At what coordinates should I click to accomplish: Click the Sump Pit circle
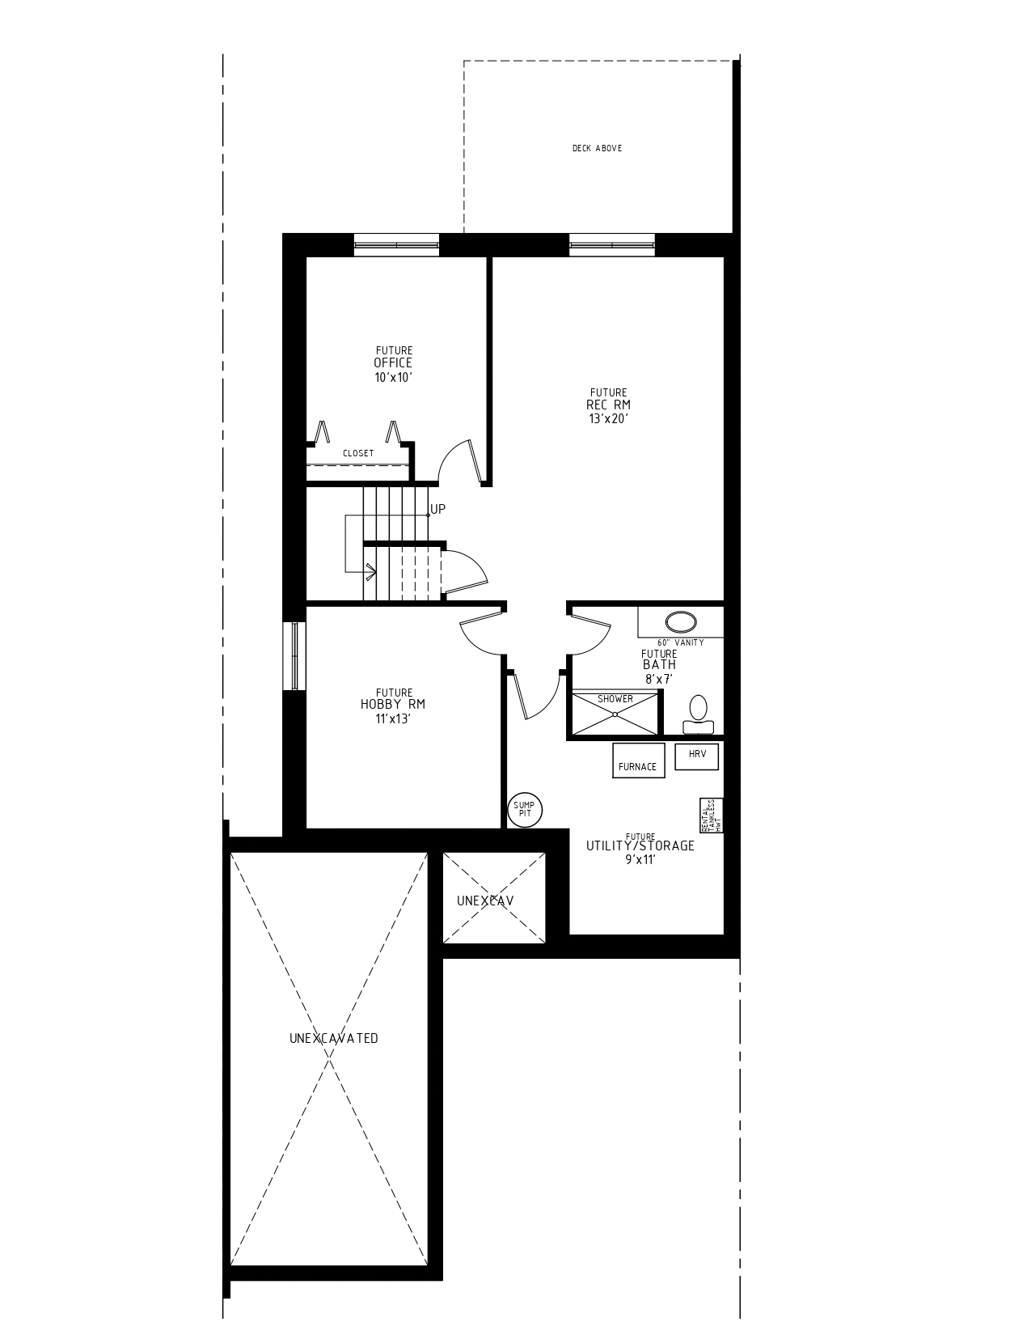tap(525, 809)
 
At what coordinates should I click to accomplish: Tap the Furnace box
tap(638, 761)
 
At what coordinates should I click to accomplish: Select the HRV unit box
tap(696, 756)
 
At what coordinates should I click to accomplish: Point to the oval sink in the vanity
tap(681, 621)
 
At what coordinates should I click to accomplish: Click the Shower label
tap(615, 699)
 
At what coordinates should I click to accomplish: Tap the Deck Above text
tap(597, 149)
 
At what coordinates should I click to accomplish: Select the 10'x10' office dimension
tap(394, 377)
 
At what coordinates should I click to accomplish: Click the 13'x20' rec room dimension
tap(609, 419)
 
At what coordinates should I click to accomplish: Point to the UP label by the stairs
tap(437, 509)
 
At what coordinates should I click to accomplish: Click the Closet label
tap(358, 454)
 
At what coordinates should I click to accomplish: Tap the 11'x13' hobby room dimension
tap(393, 718)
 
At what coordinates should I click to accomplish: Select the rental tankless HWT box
tap(712, 816)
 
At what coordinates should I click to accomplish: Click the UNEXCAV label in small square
tap(485, 901)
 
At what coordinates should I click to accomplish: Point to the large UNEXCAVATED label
tap(333, 1038)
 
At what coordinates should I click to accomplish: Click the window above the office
tap(396, 244)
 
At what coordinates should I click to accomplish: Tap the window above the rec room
tap(612, 244)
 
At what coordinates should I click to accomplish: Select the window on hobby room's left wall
tap(295, 656)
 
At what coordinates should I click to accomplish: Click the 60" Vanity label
tap(680, 642)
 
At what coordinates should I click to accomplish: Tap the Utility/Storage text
tap(640, 846)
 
